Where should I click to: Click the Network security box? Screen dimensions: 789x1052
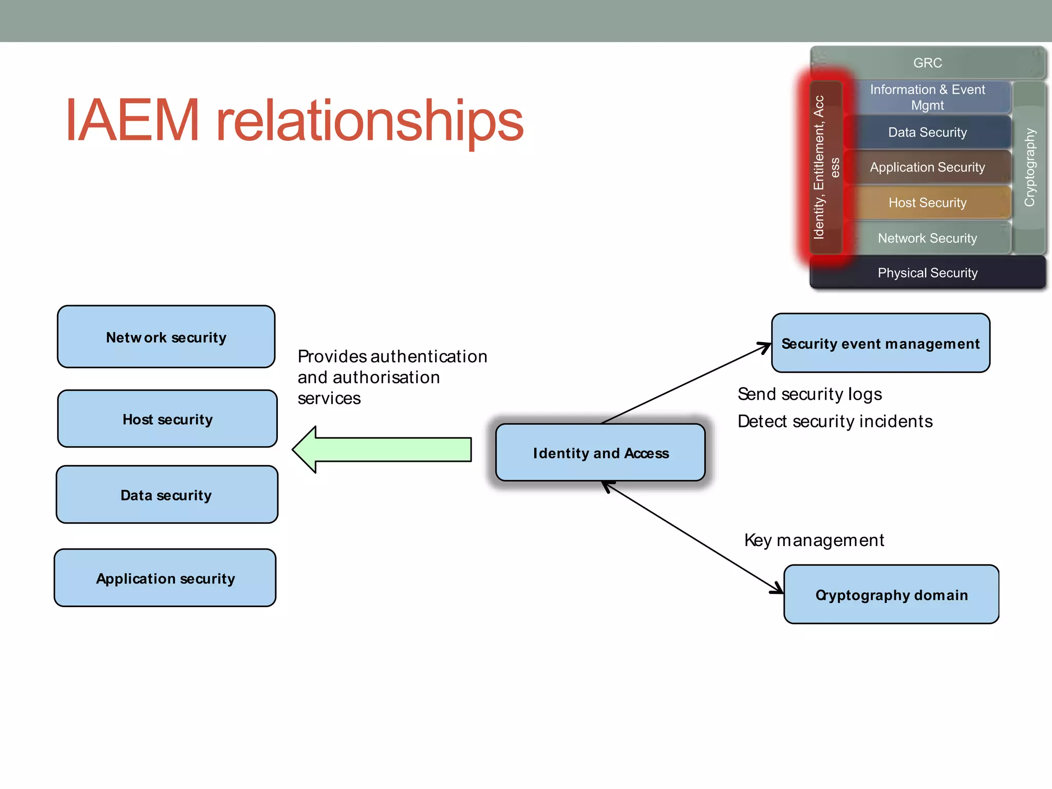(x=166, y=337)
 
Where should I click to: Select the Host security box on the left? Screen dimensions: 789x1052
(x=167, y=419)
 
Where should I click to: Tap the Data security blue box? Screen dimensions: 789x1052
(x=166, y=495)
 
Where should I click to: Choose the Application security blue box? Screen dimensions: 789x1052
(x=165, y=578)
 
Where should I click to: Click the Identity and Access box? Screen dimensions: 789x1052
(x=600, y=453)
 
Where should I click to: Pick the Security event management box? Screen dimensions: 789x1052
(x=880, y=343)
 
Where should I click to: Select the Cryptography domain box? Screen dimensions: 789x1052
(x=891, y=595)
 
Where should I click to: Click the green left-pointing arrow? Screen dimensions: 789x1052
(x=381, y=449)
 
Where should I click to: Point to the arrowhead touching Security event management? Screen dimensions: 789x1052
(x=765, y=347)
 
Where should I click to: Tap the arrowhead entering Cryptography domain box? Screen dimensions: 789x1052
(x=778, y=589)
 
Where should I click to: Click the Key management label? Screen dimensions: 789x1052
(x=814, y=540)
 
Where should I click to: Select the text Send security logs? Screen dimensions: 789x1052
(x=810, y=394)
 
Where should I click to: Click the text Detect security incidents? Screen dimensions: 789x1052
(x=835, y=421)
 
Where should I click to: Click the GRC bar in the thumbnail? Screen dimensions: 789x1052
(x=928, y=63)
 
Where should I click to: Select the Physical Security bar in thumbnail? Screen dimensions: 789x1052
(x=928, y=273)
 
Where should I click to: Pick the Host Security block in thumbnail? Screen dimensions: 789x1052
(x=928, y=202)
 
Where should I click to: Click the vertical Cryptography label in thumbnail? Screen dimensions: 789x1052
(x=1029, y=167)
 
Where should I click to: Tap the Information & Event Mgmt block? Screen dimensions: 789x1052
(x=928, y=97)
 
